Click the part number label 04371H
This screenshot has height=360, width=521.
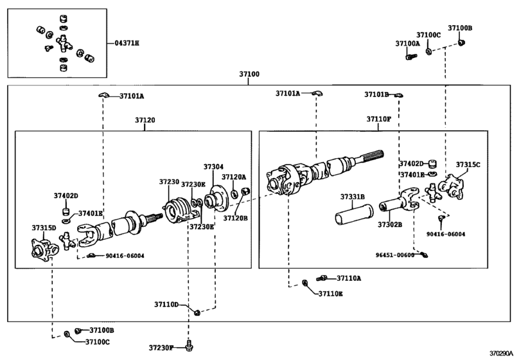tap(127, 42)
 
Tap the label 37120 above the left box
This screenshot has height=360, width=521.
tap(145, 120)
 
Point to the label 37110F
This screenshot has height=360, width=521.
tap(378, 120)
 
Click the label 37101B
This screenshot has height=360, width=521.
tap(376, 94)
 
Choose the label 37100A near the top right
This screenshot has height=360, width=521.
tap(407, 43)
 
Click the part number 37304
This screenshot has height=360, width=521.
tap(213, 166)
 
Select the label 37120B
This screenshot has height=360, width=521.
tap(234, 218)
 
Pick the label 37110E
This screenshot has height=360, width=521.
tap(331, 294)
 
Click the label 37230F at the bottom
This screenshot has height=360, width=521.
tap(162, 347)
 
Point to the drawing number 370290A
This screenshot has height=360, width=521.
tap(502, 354)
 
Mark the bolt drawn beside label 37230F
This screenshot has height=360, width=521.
tap(189, 346)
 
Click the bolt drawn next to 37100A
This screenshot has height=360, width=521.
tap(409, 57)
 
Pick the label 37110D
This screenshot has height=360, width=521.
tap(170, 305)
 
